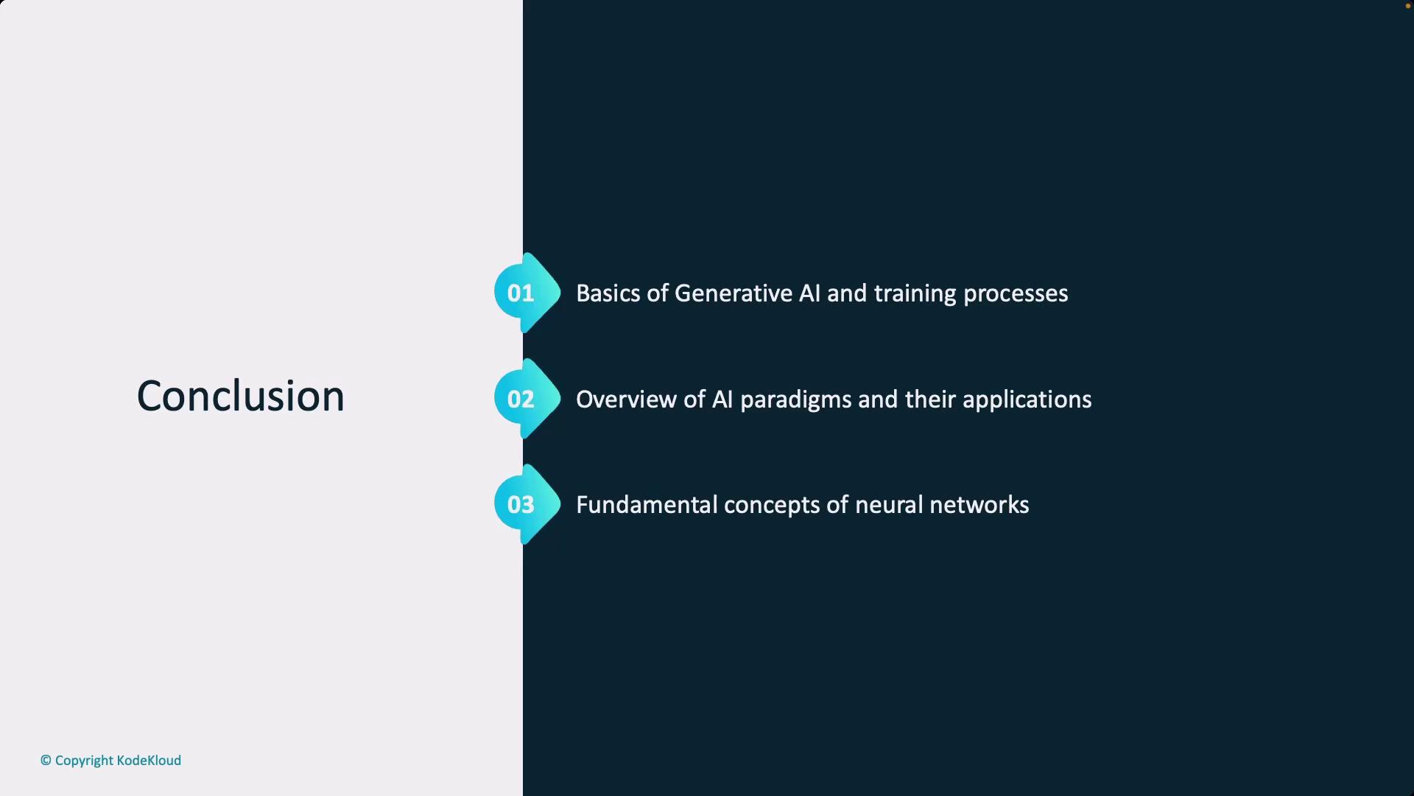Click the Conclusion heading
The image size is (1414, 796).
240,396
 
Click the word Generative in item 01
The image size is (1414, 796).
733,293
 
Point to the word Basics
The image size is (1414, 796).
608,293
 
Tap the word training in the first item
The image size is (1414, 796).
915,294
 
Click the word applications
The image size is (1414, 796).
1027,400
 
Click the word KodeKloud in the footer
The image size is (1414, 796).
149,761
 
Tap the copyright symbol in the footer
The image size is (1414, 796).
46,761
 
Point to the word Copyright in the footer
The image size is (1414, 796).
84,761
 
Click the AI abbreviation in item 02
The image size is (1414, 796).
722,399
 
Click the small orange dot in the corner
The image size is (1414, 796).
1408,6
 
